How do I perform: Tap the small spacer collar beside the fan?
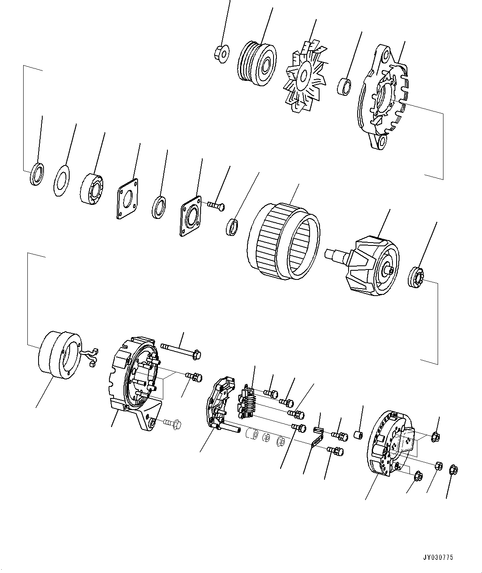point(345,86)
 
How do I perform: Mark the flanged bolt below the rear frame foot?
point(171,423)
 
